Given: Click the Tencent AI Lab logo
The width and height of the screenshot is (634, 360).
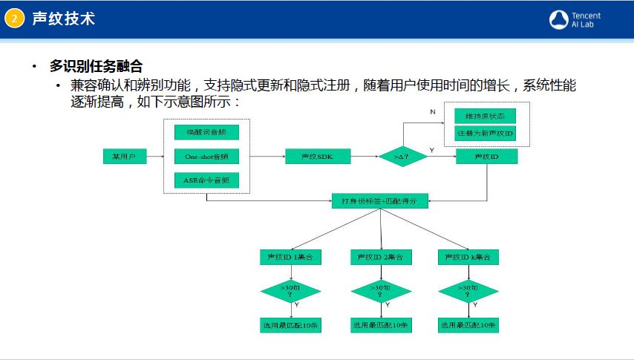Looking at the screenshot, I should pyautogui.click(x=575, y=19).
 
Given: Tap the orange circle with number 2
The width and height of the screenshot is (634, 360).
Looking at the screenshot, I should pyautogui.click(x=14, y=19).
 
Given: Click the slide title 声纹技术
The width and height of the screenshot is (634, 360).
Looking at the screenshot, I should pyautogui.click(x=63, y=19).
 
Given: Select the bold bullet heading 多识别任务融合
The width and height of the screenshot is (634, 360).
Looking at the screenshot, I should pyautogui.click(x=96, y=66).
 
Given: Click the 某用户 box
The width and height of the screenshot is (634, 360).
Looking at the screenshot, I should pyautogui.click(x=124, y=156).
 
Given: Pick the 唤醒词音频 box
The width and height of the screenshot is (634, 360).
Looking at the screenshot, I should pyautogui.click(x=206, y=132).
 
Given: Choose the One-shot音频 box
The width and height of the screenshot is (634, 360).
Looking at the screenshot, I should pyautogui.click(x=206, y=156).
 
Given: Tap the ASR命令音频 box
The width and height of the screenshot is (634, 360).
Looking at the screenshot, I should pyautogui.click(x=206, y=180).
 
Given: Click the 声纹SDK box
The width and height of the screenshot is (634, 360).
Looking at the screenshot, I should pyautogui.click(x=318, y=156).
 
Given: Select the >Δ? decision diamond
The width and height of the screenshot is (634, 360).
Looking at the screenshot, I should pyautogui.click(x=402, y=156).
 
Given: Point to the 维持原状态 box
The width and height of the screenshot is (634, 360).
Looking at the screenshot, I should pyautogui.click(x=485, y=116).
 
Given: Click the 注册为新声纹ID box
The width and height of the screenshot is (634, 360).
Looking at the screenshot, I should pyautogui.click(x=485, y=134).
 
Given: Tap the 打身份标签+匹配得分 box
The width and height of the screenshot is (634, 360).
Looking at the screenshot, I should pyautogui.click(x=379, y=200).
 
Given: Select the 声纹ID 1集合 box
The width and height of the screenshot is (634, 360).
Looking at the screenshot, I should pyautogui.click(x=290, y=257).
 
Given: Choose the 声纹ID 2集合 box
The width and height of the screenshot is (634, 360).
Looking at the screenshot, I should pyautogui.click(x=380, y=257).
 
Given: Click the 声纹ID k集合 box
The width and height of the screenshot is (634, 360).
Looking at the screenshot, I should pyautogui.click(x=468, y=257).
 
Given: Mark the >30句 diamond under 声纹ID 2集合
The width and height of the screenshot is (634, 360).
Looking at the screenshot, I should pyautogui.click(x=380, y=290).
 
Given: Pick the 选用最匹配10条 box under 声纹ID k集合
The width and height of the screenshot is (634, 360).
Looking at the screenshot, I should pyautogui.click(x=468, y=325).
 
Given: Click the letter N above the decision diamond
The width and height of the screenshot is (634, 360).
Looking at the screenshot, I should pyautogui.click(x=433, y=111).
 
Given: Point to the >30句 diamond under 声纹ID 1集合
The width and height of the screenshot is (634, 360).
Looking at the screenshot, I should pyautogui.click(x=290, y=290).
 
